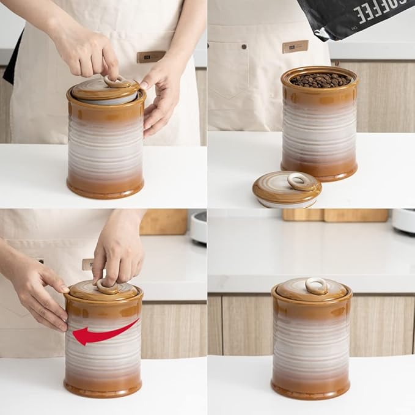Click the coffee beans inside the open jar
[320, 80]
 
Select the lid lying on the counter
[287, 189]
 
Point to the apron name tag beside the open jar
[295, 46]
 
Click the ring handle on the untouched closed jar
[317, 285]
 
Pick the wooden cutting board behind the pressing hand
[163, 222]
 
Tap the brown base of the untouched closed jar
[310, 388]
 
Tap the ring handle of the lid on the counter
[299, 181]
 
